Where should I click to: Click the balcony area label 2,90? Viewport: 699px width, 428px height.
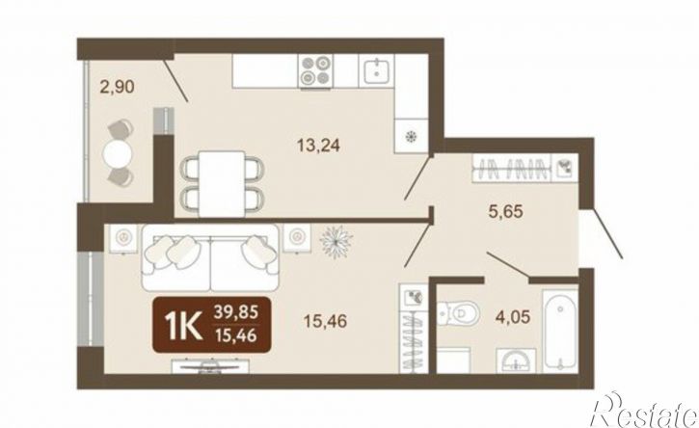pos(118,87)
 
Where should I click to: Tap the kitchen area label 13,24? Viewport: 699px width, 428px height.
pos(319,146)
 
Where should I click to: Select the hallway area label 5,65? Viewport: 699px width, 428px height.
pos(505,211)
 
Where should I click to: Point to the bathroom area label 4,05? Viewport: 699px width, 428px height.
pos(513,317)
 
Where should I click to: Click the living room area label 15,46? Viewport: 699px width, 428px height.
pos(325,321)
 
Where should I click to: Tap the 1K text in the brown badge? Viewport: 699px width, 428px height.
pos(182,325)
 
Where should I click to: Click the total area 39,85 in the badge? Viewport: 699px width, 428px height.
pos(236,312)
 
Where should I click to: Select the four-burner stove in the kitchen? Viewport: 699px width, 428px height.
pos(315,71)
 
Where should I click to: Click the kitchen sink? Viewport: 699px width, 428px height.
pos(379,70)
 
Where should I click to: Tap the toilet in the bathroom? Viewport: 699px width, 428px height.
pos(457,313)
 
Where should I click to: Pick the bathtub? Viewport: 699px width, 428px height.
pos(560,330)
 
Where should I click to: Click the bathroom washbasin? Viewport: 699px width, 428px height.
pos(516,361)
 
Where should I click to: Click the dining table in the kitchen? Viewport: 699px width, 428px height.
pos(222,184)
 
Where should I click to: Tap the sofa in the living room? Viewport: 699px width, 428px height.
pos(211,258)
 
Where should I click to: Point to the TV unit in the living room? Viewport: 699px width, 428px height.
pos(211,365)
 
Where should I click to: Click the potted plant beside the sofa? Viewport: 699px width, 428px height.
pos(336,241)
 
